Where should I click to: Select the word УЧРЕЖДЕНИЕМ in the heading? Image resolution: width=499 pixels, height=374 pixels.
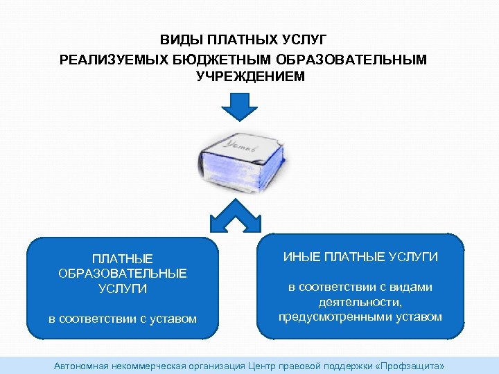coord(250,77)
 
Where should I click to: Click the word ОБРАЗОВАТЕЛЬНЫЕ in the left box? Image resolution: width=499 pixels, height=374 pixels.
coord(123,274)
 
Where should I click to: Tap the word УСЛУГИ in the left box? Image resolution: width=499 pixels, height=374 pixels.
coord(123,289)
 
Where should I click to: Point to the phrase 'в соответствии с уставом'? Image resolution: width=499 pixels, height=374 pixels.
coord(123,319)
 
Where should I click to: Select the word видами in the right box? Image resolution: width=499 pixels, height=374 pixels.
coord(411,287)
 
